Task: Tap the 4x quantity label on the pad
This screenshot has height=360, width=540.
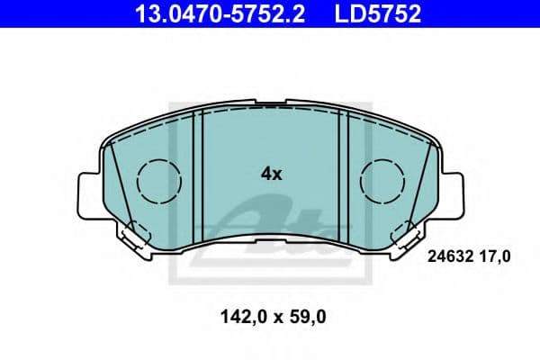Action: click(x=271, y=175)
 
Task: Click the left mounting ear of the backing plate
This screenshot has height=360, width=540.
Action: click(x=91, y=193)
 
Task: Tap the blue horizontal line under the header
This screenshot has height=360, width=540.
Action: click(x=270, y=30)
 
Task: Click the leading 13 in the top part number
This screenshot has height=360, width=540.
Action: click(x=145, y=13)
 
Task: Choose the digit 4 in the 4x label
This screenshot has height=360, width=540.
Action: click(x=265, y=175)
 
